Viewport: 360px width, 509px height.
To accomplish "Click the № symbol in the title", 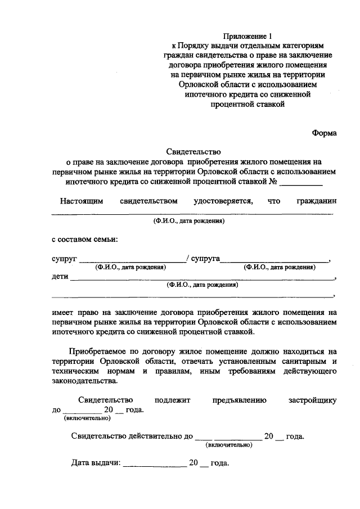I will (274, 182).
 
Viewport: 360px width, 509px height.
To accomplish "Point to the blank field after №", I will (301, 183).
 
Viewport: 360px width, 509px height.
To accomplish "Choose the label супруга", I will (205, 259).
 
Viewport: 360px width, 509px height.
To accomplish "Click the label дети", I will (60, 277).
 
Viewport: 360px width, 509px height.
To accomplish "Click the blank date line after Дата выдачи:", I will (154, 466).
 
